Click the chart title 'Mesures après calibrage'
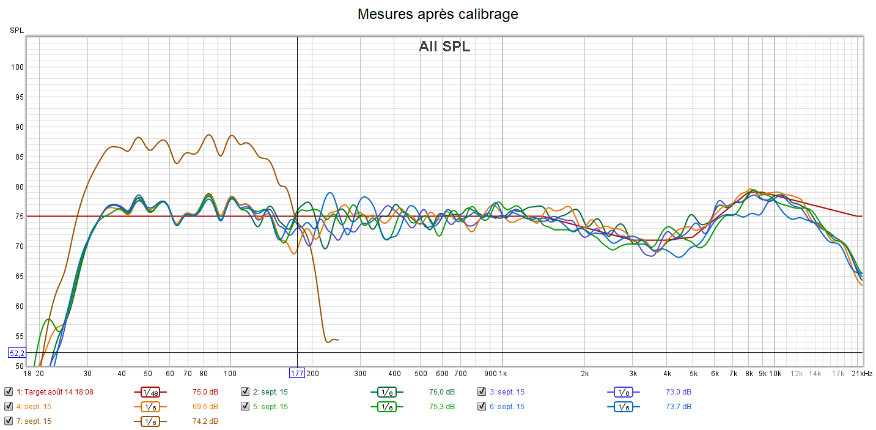click(438, 14)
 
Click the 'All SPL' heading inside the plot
click(444, 46)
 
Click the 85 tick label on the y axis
click(18, 157)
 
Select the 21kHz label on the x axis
click(863, 373)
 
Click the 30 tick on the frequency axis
click(87, 373)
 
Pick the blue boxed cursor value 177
click(297, 373)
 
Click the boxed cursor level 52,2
click(17, 353)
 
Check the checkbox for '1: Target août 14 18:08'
click(8, 392)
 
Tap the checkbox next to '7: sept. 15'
click(8, 421)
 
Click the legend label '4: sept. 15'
click(34, 407)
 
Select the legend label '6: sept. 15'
click(507, 407)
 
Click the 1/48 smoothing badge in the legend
click(147, 392)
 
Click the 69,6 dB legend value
click(205, 407)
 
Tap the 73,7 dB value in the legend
click(678, 407)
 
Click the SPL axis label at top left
click(17, 30)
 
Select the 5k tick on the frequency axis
click(693, 373)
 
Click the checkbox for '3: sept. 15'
click(482, 392)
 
